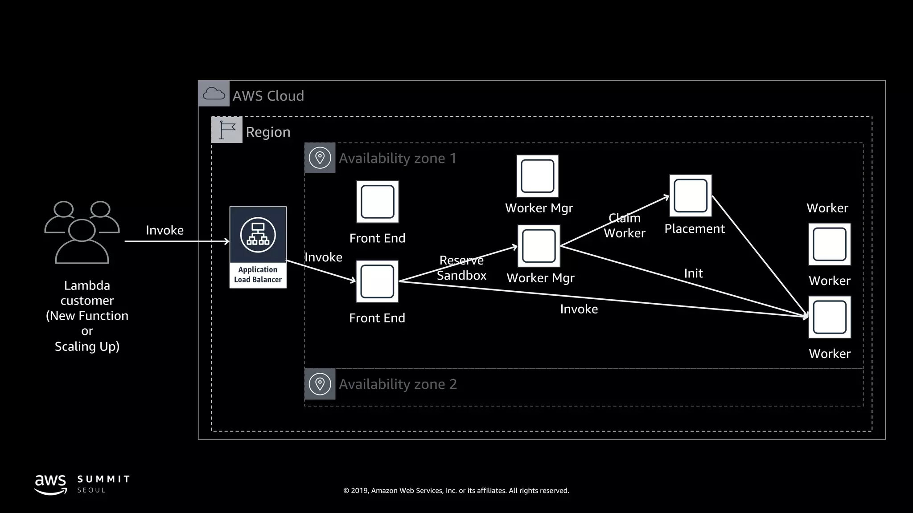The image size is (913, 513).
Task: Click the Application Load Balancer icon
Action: pos(258,235)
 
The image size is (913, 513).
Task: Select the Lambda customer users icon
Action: pos(82,232)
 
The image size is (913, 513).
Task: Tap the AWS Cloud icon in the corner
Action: pos(214,94)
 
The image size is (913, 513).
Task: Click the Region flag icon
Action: pos(227,130)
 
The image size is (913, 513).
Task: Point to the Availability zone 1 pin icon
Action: pos(320,158)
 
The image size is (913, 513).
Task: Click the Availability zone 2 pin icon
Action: pos(320,384)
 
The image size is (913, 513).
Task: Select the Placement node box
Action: pos(690,196)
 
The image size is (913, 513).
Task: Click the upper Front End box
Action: pos(377,202)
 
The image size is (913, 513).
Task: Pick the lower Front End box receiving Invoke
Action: pos(377,281)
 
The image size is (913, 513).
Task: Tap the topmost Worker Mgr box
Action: pos(537,176)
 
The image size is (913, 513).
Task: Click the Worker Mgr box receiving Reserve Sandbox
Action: pos(539,246)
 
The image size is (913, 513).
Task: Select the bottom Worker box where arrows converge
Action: pos(829,317)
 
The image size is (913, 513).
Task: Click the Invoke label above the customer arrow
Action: pos(165,230)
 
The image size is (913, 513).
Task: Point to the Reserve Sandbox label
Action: pos(461,268)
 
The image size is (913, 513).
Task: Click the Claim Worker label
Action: pos(624,226)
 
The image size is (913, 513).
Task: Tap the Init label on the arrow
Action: pos(693,273)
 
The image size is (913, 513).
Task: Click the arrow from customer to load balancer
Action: pos(177,241)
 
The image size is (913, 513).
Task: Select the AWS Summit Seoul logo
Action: pos(82,484)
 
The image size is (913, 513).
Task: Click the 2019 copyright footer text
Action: pos(456,490)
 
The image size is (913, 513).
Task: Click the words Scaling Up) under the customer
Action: pos(87,346)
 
